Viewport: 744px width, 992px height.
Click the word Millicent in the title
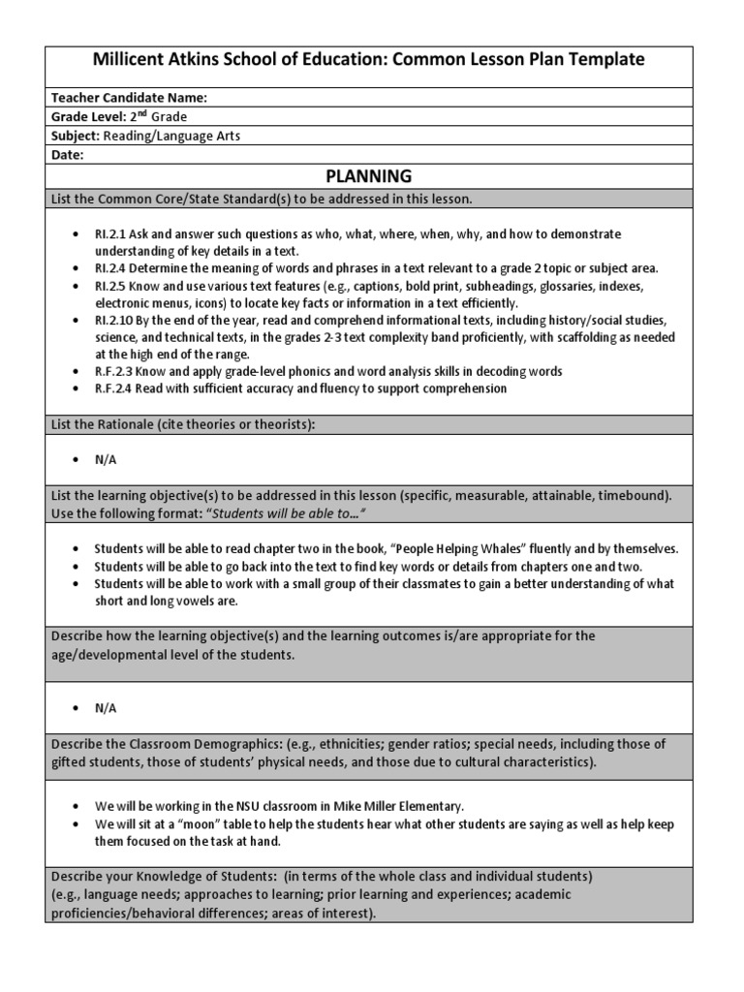coord(132,59)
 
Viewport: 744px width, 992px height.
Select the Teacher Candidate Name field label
coord(129,97)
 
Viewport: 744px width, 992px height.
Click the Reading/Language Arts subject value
coord(171,136)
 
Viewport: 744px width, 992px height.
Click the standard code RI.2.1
coord(110,234)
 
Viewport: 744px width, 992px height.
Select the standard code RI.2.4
coord(110,267)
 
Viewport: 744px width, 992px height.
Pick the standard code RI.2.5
coord(110,288)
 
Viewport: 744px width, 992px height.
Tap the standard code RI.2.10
coord(113,320)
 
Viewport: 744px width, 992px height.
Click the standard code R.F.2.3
coord(113,372)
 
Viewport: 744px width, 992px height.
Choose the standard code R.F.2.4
coord(113,388)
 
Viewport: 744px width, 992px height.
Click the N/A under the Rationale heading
coord(106,460)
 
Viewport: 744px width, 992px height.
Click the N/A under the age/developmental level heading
coord(106,708)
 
